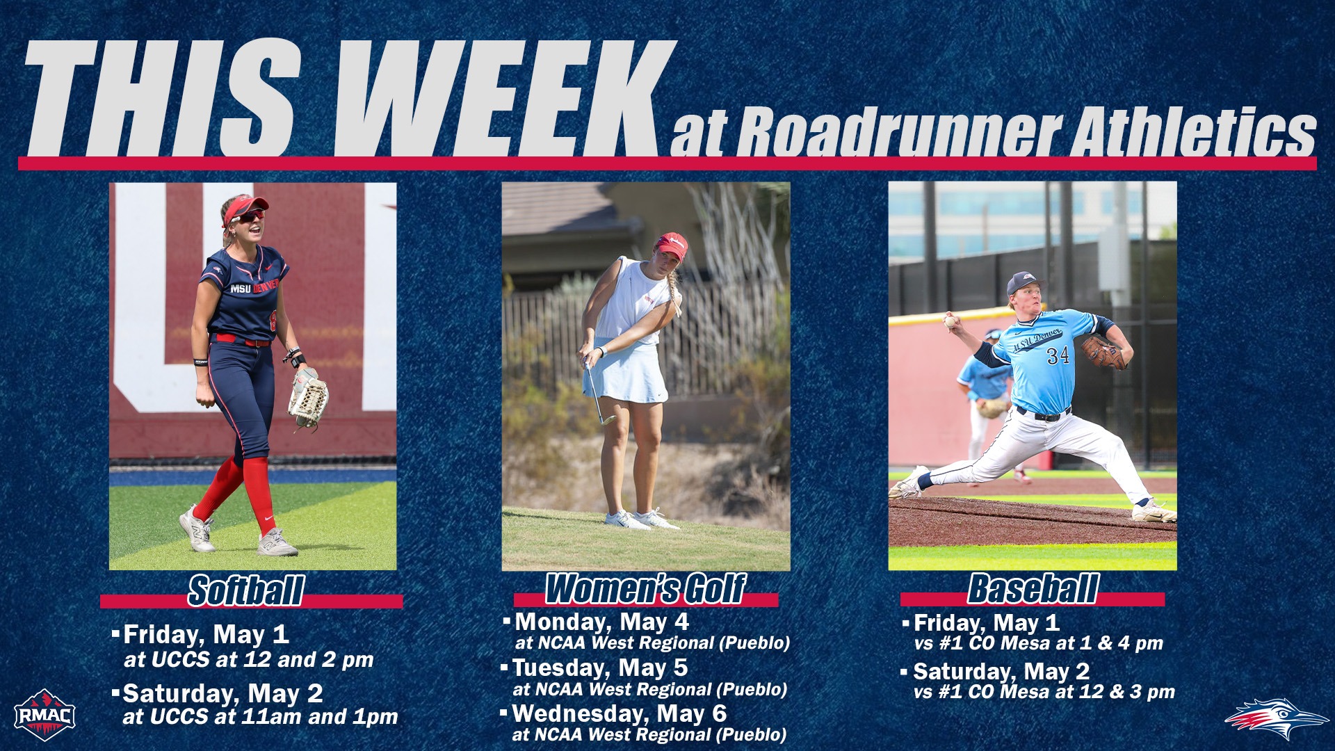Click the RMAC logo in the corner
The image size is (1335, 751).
click(44, 715)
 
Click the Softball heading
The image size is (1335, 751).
click(246, 591)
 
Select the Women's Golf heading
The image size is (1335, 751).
click(645, 589)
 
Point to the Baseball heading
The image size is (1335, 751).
click(1033, 589)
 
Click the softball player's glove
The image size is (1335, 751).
click(308, 398)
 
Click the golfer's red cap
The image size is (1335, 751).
click(672, 245)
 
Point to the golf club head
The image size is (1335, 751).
click(609, 419)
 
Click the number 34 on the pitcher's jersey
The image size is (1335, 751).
click(1058, 356)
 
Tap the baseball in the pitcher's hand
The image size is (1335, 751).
click(950, 321)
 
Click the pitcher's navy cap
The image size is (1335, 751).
click(1024, 282)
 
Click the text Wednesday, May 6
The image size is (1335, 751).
click(619, 713)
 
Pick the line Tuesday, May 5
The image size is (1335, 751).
click(599, 668)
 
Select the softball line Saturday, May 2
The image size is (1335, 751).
click(222, 693)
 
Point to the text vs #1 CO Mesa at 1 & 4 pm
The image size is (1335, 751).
click(1038, 643)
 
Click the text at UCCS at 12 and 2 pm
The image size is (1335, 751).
click(248, 659)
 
